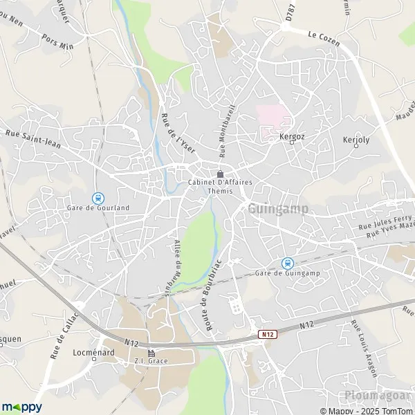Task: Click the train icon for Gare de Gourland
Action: (x=98, y=197)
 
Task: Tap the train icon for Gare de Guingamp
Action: (x=287, y=262)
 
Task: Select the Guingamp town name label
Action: (x=277, y=208)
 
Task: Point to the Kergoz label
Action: (x=292, y=137)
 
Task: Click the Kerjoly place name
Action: (x=356, y=139)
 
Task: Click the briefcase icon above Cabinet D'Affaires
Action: (x=220, y=174)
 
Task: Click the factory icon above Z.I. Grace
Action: (x=151, y=353)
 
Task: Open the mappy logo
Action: (x=22, y=407)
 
